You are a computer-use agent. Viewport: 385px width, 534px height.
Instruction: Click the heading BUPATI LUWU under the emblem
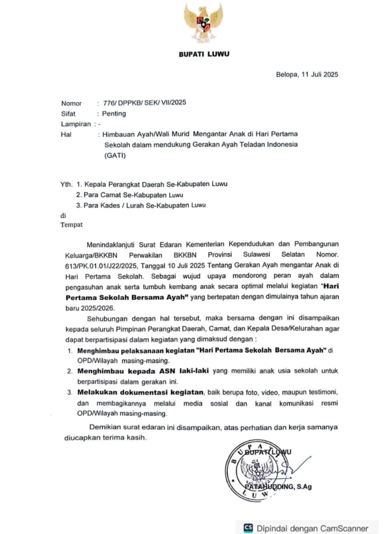click(x=204, y=54)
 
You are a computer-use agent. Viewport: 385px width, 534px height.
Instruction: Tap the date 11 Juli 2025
click(x=320, y=74)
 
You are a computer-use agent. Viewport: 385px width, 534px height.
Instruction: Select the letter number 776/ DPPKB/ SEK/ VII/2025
click(x=144, y=102)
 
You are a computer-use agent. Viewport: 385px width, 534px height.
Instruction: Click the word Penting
click(x=114, y=113)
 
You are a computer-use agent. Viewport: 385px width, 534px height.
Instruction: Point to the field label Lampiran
click(x=76, y=124)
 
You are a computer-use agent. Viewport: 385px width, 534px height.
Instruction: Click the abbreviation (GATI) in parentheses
click(x=115, y=155)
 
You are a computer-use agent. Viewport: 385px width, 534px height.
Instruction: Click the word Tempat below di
click(x=71, y=225)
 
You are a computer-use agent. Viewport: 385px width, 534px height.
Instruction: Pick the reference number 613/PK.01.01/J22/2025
click(x=101, y=266)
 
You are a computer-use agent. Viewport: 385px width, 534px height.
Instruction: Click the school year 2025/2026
click(x=97, y=308)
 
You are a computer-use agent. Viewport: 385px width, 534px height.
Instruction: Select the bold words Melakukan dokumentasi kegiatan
click(x=140, y=392)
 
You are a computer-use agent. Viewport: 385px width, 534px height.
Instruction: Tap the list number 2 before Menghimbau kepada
click(x=69, y=371)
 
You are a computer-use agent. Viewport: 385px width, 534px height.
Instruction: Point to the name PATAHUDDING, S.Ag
click(x=278, y=487)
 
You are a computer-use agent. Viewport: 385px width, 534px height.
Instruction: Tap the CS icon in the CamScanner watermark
click(x=248, y=528)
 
